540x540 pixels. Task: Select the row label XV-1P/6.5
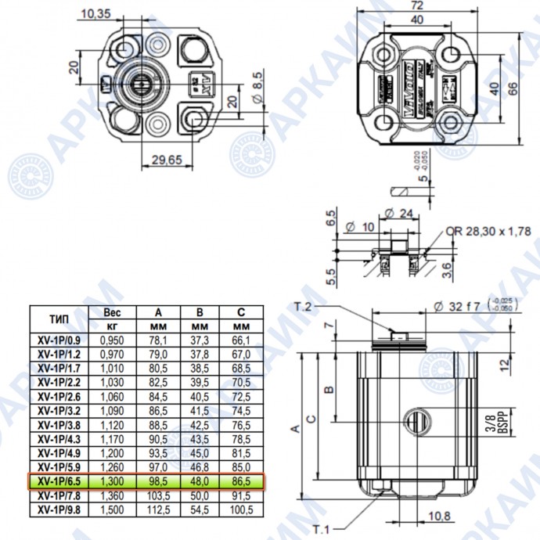click(x=58, y=481)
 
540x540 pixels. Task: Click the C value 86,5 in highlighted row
click(x=241, y=481)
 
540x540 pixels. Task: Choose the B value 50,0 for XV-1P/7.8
click(x=200, y=495)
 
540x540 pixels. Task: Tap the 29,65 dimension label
click(x=164, y=160)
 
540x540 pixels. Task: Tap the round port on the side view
click(x=418, y=422)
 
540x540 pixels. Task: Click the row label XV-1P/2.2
click(x=58, y=382)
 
